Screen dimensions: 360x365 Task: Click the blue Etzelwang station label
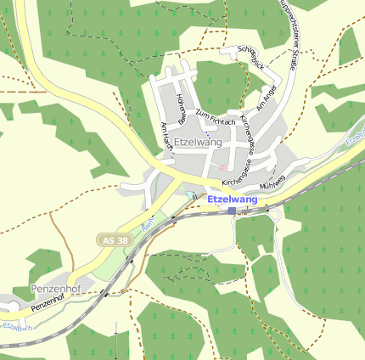(x=232, y=199)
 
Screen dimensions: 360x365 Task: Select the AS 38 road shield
(x=112, y=241)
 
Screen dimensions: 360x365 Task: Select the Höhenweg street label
(x=181, y=109)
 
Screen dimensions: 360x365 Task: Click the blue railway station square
(x=231, y=210)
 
